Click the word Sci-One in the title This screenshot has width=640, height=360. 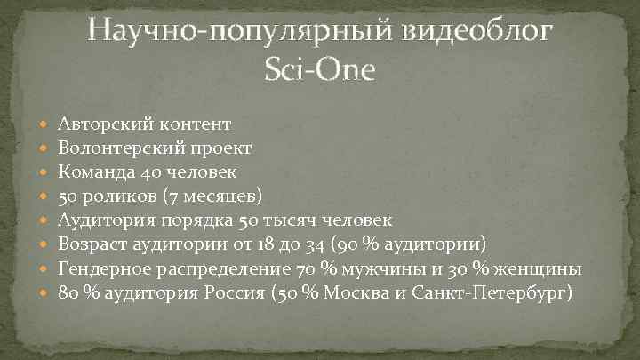(x=320, y=69)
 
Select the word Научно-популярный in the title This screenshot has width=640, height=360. (x=233, y=34)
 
